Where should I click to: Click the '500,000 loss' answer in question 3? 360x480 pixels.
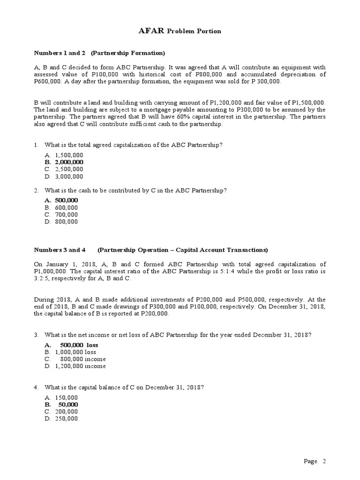(x=79, y=345)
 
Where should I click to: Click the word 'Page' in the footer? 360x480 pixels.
(x=310, y=461)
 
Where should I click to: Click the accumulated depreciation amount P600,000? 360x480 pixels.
(x=49, y=82)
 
